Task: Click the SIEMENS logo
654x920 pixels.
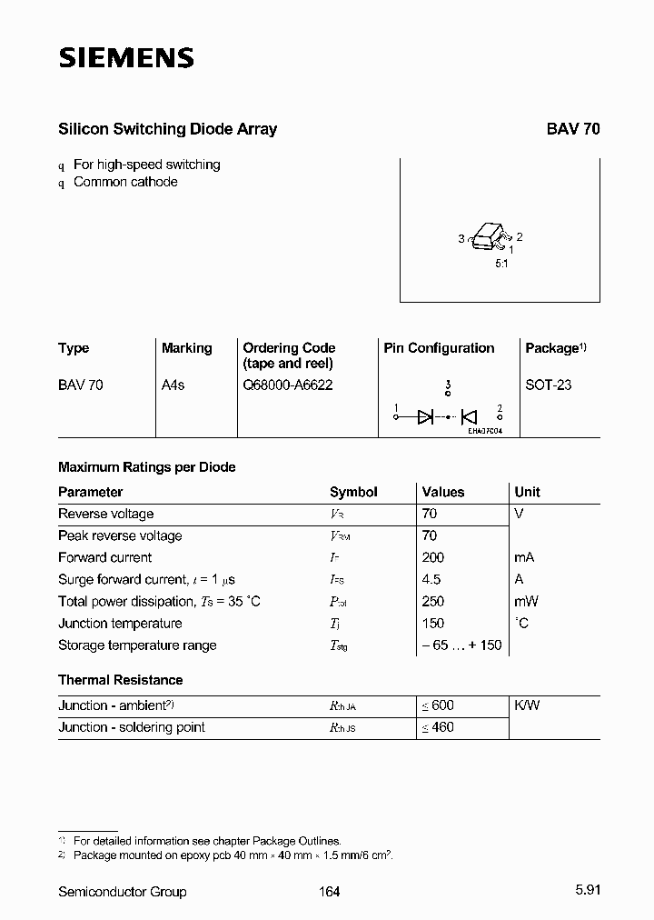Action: (126, 59)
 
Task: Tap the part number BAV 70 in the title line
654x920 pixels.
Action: (572, 129)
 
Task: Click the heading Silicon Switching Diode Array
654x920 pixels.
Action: (167, 129)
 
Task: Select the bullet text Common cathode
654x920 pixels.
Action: (125, 182)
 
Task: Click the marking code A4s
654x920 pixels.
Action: (173, 385)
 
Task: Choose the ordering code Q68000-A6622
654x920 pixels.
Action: (288, 385)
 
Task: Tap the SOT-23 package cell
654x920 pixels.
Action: (549, 385)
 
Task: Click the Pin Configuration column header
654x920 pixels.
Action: (439, 348)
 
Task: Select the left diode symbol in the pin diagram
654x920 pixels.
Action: (425, 417)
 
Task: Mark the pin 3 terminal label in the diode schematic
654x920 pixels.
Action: (448, 385)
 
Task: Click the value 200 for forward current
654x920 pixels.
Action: (433, 557)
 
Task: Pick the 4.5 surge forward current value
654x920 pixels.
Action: (431, 579)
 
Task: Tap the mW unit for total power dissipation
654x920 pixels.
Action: (527, 601)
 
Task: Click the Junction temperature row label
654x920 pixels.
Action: (120, 623)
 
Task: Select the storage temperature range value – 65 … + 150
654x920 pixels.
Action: (461, 645)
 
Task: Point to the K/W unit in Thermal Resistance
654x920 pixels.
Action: (527, 705)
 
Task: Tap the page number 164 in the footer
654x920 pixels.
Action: (330, 892)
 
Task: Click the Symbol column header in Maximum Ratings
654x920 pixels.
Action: (353, 492)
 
